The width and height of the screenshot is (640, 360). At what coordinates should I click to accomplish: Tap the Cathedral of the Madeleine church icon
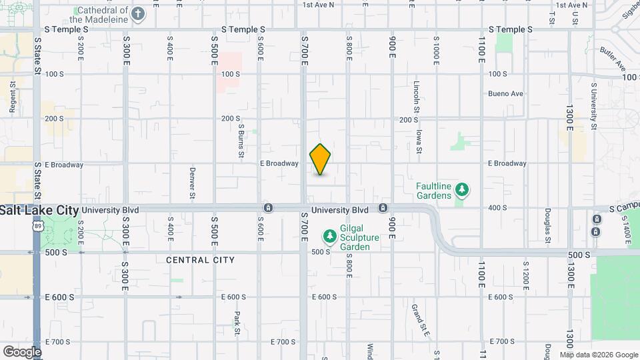point(138,15)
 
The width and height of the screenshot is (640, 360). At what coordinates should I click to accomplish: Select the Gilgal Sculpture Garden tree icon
point(329,236)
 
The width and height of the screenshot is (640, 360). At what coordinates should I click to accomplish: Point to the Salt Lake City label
point(39,209)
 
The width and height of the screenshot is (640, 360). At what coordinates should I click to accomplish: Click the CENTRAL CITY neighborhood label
point(200,259)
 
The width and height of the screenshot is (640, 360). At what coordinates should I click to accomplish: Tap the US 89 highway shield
point(37,227)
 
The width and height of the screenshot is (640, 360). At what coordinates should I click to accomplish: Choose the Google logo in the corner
point(22,351)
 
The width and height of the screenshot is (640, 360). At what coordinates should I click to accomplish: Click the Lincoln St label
point(417,97)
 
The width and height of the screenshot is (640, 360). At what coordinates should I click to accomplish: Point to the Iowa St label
point(419,141)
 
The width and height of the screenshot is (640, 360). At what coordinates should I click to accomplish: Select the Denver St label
point(191,183)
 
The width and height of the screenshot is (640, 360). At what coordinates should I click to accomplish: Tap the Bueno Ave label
point(505,94)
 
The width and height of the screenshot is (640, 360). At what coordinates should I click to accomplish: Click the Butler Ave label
point(612,59)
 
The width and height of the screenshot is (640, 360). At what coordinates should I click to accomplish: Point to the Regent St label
point(13,95)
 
